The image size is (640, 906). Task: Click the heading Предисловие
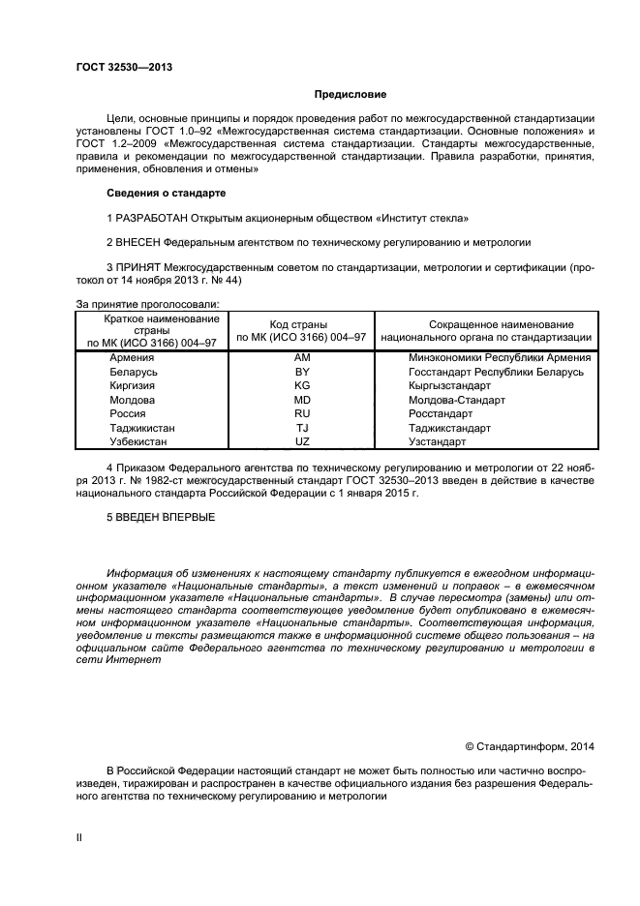[x=350, y=95]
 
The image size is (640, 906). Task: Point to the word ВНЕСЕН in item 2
[x=137, y=242]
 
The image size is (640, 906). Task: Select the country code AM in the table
[x=301, y=358]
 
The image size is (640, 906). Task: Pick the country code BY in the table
[x=301, y=372]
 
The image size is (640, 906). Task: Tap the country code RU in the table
[x=301, y=413]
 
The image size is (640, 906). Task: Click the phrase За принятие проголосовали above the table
[x=147, y=304]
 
